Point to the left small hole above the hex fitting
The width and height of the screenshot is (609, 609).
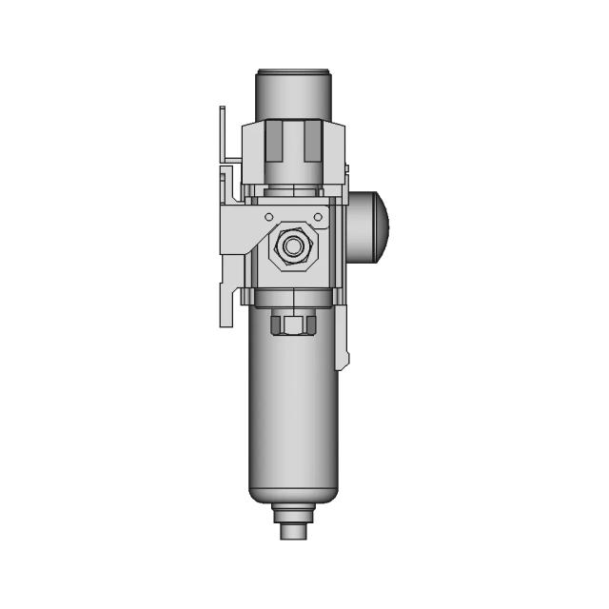tap(269, 217)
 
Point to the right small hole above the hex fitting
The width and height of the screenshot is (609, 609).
tap(318, 217)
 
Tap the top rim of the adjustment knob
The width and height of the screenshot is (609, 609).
tap(293, 71)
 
